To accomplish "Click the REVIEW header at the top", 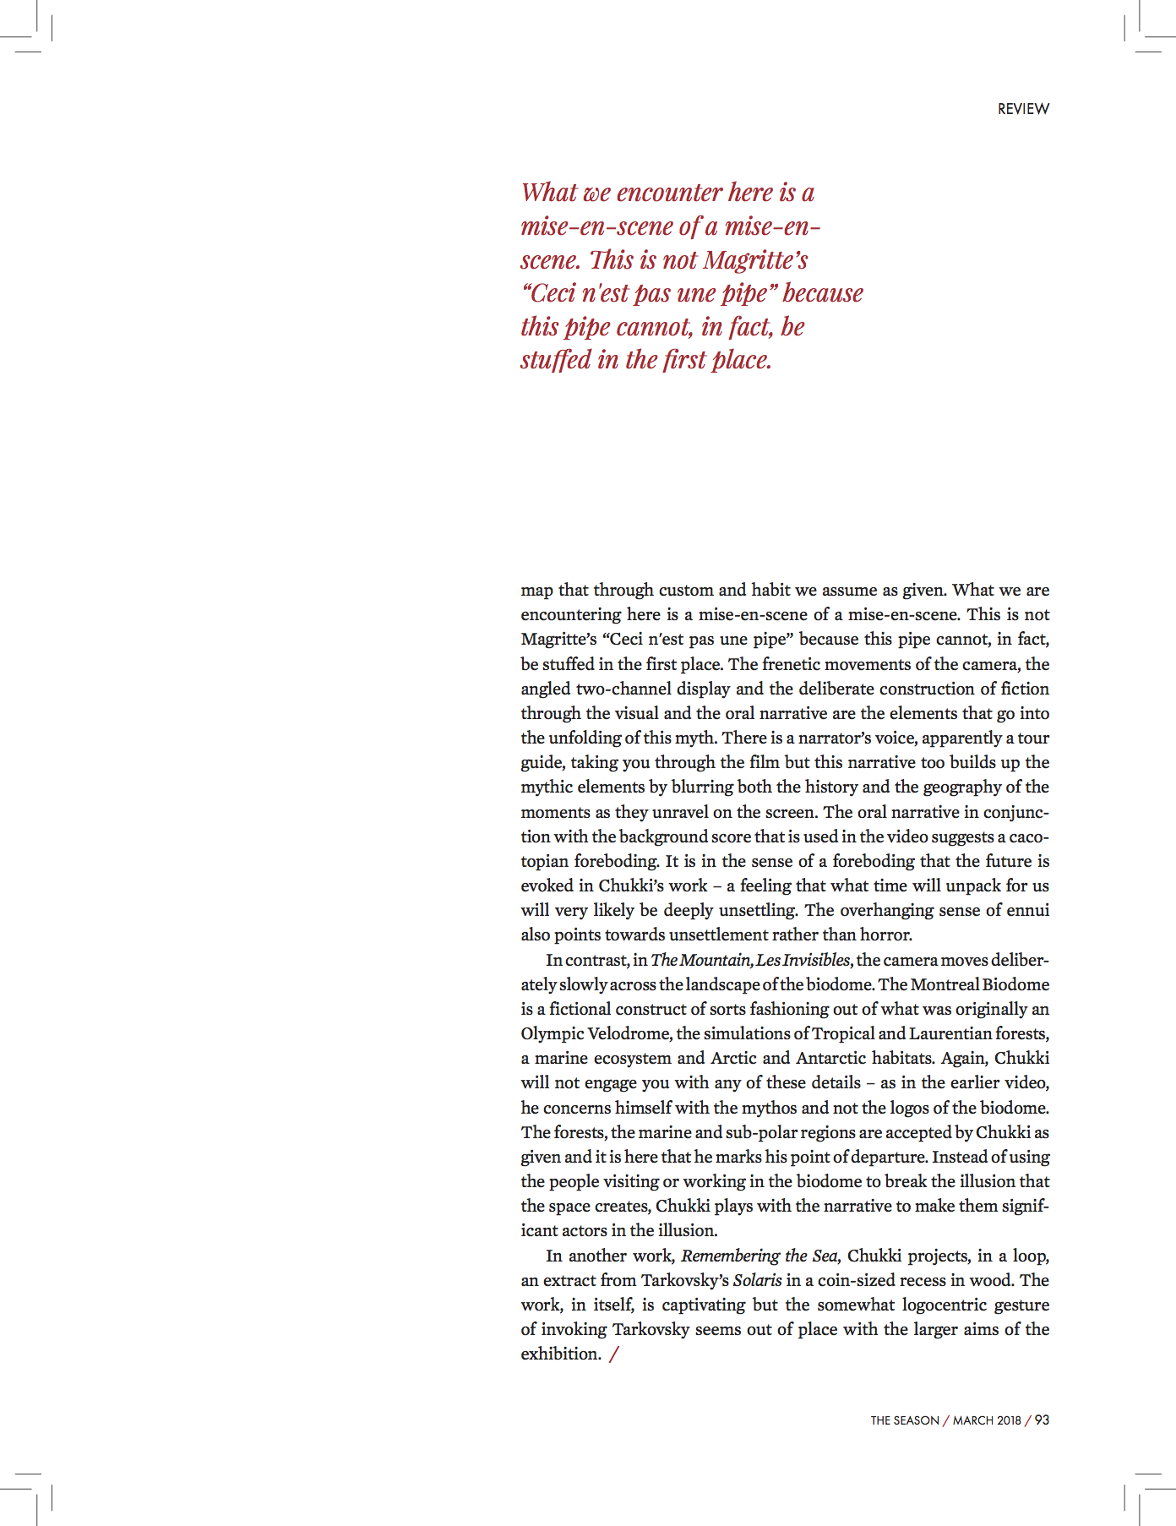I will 1023,109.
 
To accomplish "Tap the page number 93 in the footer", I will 1042,1420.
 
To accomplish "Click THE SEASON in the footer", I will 905,1420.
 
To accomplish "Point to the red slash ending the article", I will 613,1354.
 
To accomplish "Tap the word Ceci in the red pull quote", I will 552,293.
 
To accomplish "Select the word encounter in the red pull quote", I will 669,193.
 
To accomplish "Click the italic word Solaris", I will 757,1280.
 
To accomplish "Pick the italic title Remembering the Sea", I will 759,1256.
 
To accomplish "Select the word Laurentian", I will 950,1033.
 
